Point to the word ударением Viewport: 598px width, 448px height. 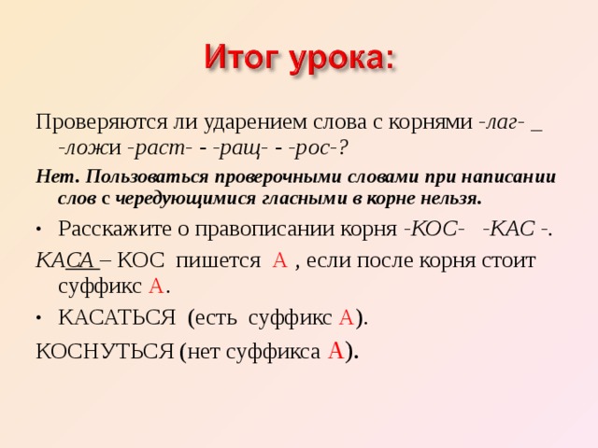point(252,121)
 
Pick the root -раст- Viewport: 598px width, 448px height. point(160,147)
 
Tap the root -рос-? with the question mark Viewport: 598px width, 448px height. point(320,147)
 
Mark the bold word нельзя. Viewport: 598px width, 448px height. point(451,198)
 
